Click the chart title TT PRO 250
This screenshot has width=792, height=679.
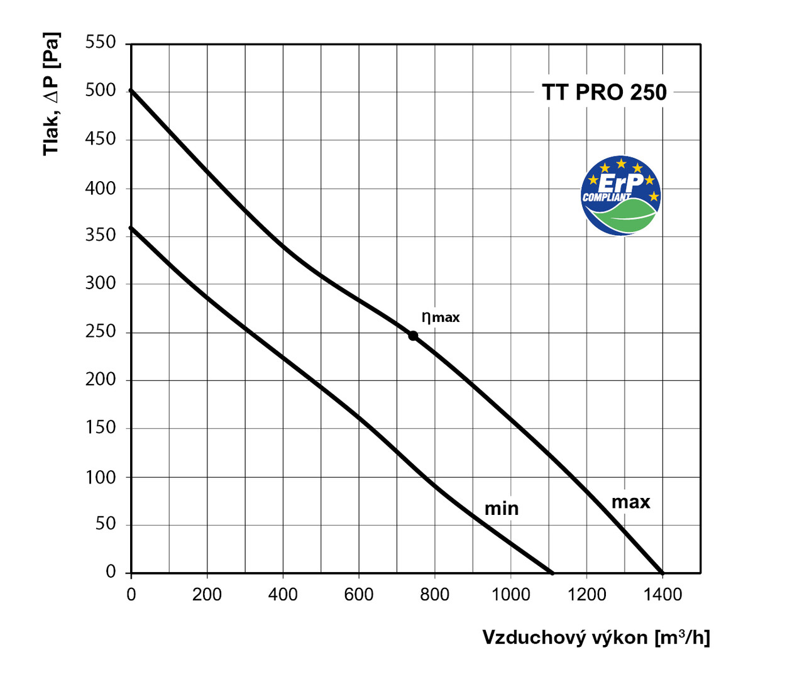pyautogui.click(x=604, y=92)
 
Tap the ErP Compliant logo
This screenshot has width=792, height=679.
pyautogui.click(x=621, y=196)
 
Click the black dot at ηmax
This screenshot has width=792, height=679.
pyautogui.click(x=413, y=336)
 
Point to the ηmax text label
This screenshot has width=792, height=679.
pyautogui.click(x=441, y=317)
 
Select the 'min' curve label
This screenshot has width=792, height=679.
pyautogui.click(x=502, y=508)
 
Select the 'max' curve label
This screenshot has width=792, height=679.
pyautogui.click(x=630, y=502)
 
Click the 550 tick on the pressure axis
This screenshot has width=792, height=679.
pyautogui.click(x=101, y=43)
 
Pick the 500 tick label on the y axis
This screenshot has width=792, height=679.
pyautogui.click(x=101, y=91)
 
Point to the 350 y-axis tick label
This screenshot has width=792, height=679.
pyautogui.click(x=101, y=235)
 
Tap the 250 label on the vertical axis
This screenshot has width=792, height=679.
pyautogui.click(x=101, y=331)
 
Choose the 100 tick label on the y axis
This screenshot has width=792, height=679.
pyautogui.click(x=101, y=477)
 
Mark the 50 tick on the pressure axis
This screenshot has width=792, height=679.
pyautogui.click(x=106, y=524)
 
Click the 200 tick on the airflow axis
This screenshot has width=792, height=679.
pyautogui.click(x=207, y=594)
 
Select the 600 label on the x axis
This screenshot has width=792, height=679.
pyautogui.click(x=358, y=594)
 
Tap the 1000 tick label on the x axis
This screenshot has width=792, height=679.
pyautogui.click(x=510, y=594)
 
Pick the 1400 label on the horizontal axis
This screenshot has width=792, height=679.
pyautogui.click(x=663, y=594)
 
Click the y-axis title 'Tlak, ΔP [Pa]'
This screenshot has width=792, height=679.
pyautogui.click(x=51, y=94)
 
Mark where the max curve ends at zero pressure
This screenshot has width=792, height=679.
pyautogui.click(x=662, y=573)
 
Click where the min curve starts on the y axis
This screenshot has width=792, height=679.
pyautogui.click(x=131, y=227)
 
